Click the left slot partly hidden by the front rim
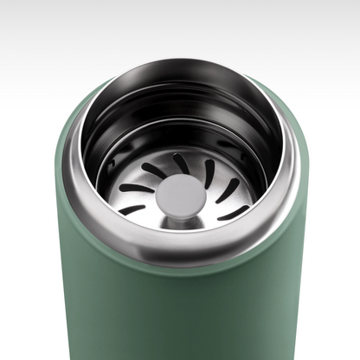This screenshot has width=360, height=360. [x=132, y=209]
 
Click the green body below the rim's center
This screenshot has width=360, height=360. [x=181, y=312]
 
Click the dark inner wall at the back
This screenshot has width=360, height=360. [x=181, y=104]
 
